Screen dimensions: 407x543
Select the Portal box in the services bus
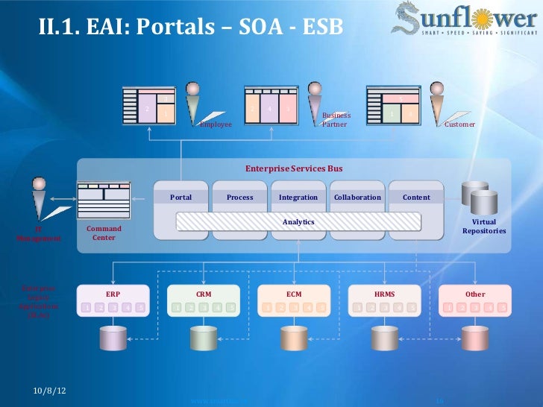pyautogui.click(x=181, y=198)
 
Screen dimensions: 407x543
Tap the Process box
pyautogui.click(x=239, y=198)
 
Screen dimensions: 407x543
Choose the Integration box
pyautogui.click(x=298, y=198)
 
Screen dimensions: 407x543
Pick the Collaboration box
pyautogui.click(x=357, y=198)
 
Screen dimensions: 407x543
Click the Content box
pyautogui.click(x=416, y=198)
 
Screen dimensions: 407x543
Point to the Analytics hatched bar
pyautogui.click(x=298, y=222)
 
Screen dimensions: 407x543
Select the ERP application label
pyautogui.click(x=113, y=294)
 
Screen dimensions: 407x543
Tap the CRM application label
pyautogui.click(x=204, y=294)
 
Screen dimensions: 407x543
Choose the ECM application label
pyautogui.click(x=294, y=294)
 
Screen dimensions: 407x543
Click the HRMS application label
pyautogui.click(x=385, y=294)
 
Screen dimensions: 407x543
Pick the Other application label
pyautogui.click(x=475, y=294)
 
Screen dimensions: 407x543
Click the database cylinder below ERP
pyautogui.click(x=113, y=338)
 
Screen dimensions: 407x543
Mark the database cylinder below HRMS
pyautogui.click(x=385, y=338)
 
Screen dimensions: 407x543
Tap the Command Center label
pyautogui.click(x=104, y=233)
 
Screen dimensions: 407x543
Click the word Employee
pyautogui.click(x=216, y=124)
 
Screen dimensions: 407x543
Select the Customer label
pyautogui.click(x=459, y=124)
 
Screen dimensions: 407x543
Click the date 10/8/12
pyautogui.click(x=48, y=391)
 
